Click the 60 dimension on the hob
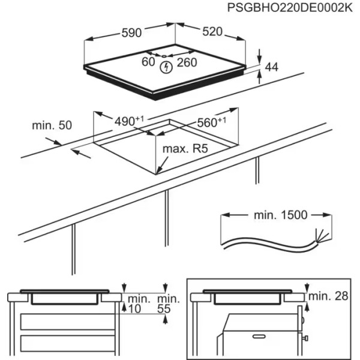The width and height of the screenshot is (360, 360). click(x=148, y=61)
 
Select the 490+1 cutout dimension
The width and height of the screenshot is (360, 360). click(x=129, y=121)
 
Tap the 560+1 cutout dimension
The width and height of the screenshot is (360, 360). click(x=211, y=122)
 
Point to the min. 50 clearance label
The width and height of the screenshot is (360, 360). click(x=52, y=125)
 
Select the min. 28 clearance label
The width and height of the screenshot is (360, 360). click(x=331, y=296)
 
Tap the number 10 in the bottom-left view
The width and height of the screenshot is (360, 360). click(x=134, y=309)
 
